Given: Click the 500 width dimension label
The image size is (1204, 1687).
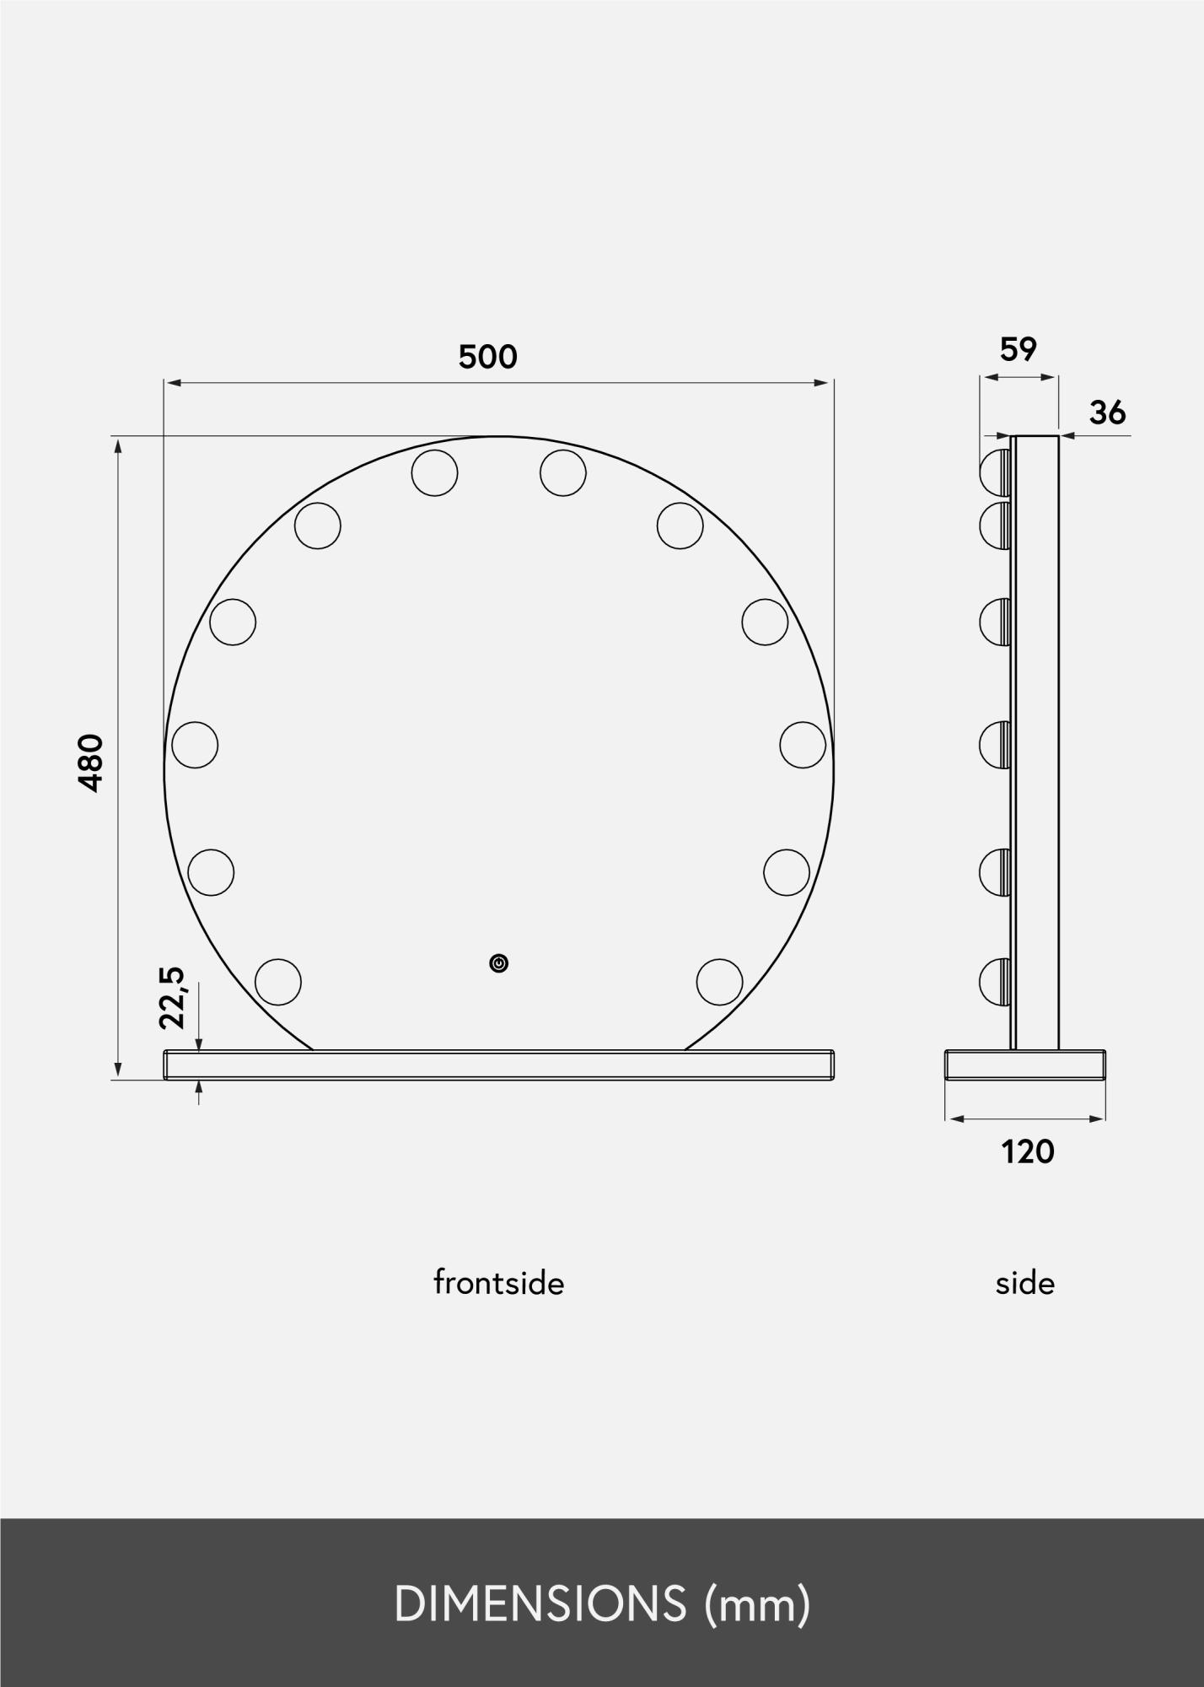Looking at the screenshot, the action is click(x=487, y=358).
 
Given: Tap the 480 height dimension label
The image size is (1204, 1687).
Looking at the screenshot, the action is click(x=91, y=763).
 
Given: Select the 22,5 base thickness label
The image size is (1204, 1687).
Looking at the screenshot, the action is click(x=171, y=997).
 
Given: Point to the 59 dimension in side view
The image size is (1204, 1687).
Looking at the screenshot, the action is click(x=1018, y=349).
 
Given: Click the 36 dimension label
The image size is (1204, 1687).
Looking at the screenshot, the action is click(x=1107, y=412).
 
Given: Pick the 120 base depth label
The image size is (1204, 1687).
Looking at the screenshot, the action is click(x=1028, y=1151).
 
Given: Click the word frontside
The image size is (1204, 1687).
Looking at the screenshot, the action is click(x=498, y=1283).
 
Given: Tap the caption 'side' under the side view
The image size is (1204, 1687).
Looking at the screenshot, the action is click(x=1024, y=1283).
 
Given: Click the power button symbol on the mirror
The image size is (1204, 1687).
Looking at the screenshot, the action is click(x=499, y=963).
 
